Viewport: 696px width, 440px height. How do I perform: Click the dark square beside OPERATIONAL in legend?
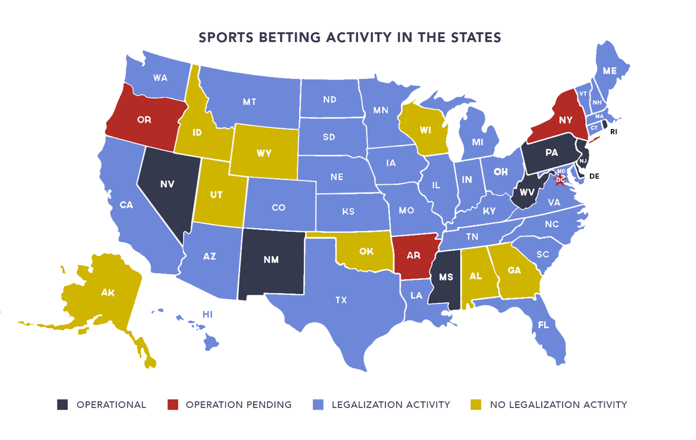pyautogui.click(x=63, y=405)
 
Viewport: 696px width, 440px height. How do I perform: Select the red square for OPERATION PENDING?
pyautogui.click(x=172, y=405)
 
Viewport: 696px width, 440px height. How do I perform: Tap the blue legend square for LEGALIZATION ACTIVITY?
pyautogui.click(x=318, y=405)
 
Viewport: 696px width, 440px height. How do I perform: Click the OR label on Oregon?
pyautogui.click(x=144, y=120)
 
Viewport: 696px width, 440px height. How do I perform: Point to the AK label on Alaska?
pyautogui.click(x=107, y=293)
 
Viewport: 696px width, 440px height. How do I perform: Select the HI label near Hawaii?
pyautogui.click(x=208, y=314)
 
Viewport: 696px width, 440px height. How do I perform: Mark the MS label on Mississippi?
pyautogui.click(x=445, y=277)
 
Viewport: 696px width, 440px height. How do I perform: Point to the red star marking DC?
pyautogui.click(x=560, y=181)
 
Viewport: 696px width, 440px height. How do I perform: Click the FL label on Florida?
pyautogui.click(x=543, y=325)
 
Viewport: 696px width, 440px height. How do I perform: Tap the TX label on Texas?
pyautogui.click(x=341, y=300)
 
